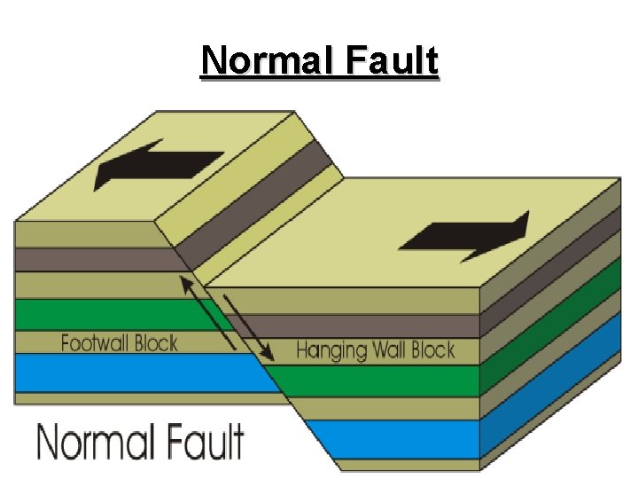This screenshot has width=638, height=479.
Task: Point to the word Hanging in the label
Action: [331, 350]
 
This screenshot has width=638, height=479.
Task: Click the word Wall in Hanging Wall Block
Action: [390, 349]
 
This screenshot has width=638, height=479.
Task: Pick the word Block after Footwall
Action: [154, 342]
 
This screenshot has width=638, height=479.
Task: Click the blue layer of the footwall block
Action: [133, 373]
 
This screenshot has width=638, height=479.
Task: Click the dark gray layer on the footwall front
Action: [89, 259]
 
